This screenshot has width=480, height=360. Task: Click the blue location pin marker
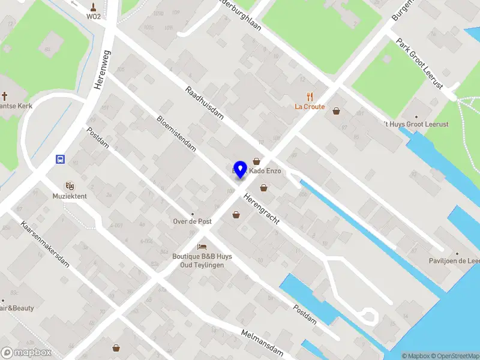pyautogui.click(x=240, y=169)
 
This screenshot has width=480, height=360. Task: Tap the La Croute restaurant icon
pyautogui.click(x=310, y=96)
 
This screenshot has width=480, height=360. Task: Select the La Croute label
pyautogui.click(x=310, y=107)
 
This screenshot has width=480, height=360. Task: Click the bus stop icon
pyautogui.click(x=61, y=160)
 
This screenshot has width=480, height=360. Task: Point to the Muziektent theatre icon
pyautogui.click(x=70, y=186)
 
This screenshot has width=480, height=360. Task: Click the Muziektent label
pyautogui.click(x=70, y=196)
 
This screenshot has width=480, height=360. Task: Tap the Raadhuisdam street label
pyautogui.click(x=204, y=103)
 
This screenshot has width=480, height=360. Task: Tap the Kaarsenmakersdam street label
pyautogui.click(x=45, y=244)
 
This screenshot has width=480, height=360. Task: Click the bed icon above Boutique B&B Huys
pyautogui.click(x=202, y=247)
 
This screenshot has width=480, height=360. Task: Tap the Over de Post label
pyautogui.click(x=192, y=221)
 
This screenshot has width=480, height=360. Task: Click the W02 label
pyautogui.click(x=93, y=17)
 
